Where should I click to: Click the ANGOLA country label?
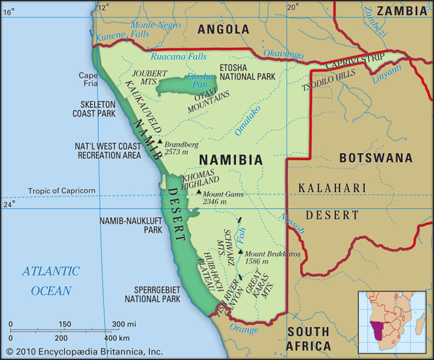(x=223, y=30)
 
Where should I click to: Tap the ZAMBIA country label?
(x=401, y=10)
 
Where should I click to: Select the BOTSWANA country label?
(x=375, y=158)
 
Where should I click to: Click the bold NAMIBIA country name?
(x=231, y=160)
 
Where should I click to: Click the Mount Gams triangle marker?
(x=199, y=192)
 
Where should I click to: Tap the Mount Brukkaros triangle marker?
(x=240, y=252)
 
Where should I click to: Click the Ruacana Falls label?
(x=178, y=56)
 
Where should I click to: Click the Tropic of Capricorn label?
(x=62, y=190)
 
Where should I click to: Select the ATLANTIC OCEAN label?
(x=51, y=280)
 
